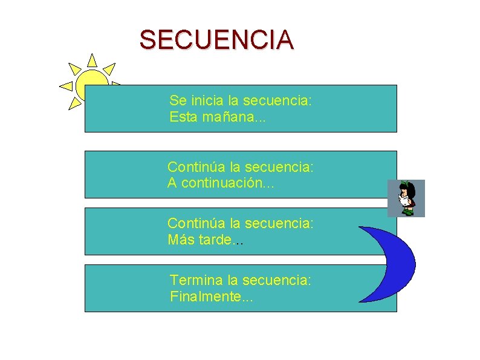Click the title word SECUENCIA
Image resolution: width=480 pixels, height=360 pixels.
pyautogui.click(x=216, y=40)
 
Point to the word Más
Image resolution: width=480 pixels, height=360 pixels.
pyautogui.click(x=180, y=240)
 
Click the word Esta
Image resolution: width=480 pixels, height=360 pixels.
pyautogui.click(x=183, y=117)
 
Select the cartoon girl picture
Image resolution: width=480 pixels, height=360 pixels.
pyautogui.click(x=406, y=198)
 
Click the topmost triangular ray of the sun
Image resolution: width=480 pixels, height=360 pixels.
pyautogui.click(x=92, y=60)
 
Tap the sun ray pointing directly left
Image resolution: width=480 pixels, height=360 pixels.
pyautogui.click(x=66, y=86)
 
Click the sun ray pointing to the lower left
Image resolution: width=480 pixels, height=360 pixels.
pyautogui.click(x=75, y=103)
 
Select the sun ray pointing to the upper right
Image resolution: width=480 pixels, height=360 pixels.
pyautogui.click(x=109, y=68)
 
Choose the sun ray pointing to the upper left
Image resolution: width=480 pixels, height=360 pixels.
pyautogui.click(x=74, y=67)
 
